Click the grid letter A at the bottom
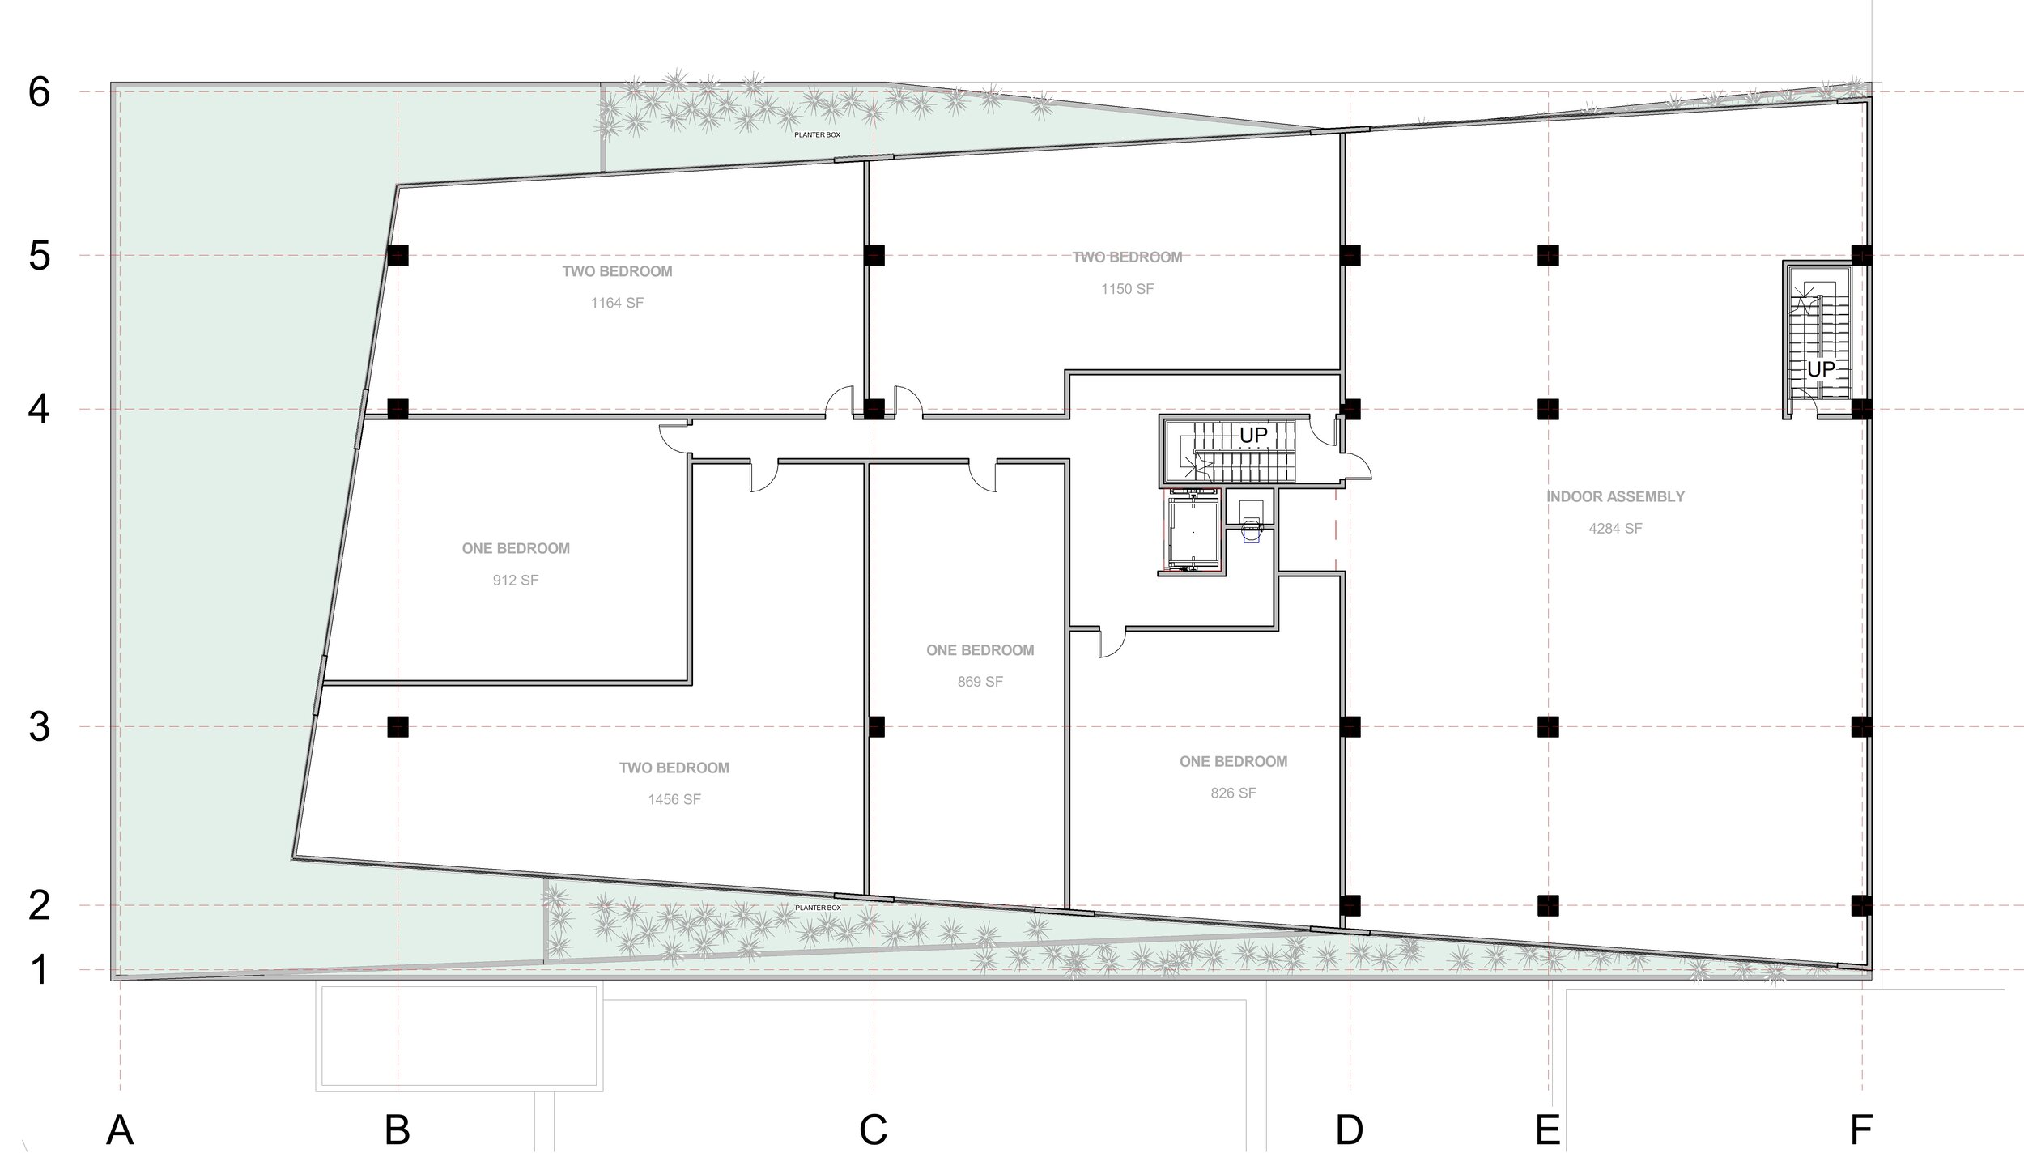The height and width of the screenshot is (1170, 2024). pos(120,1130)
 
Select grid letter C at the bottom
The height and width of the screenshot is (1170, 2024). pos(873,1130)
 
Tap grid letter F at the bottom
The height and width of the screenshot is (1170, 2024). pos(1861,1130)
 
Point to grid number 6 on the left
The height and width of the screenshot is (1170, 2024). pos(39,93)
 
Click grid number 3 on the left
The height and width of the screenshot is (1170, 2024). pos(39,727)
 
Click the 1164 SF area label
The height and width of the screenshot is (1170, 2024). pos(617,304)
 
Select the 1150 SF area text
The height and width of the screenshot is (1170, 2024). pos(1127,289)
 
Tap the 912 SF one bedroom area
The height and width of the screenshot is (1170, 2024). pos(515,581)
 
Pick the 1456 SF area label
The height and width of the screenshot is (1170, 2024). pos(674,799)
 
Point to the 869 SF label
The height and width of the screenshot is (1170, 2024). pos(980,682)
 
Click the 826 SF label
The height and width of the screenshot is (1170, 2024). pos(1233,793)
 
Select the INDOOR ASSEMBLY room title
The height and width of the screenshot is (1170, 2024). pos(1615,496)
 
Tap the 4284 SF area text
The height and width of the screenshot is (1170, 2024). pos(1615,529)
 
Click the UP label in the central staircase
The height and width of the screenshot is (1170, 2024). pos(1253,436)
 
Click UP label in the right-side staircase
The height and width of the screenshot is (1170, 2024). pos(1821,369)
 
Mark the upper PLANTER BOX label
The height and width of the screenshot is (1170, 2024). pos(817,135)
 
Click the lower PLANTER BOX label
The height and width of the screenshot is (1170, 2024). pos(818,908)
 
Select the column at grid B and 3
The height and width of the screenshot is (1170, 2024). pos(398,727)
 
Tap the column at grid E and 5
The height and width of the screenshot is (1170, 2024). pos(1548,255)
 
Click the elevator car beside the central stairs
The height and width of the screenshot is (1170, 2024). pos(1192,533)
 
